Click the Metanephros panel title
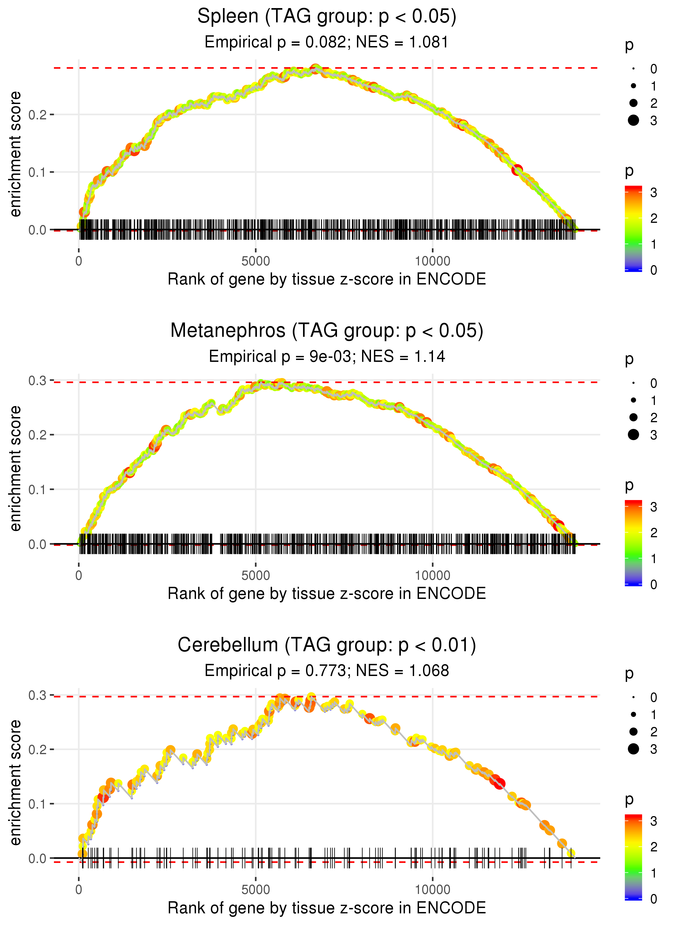[327, 331]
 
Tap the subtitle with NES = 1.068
[327, 671]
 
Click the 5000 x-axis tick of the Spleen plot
[256, 261]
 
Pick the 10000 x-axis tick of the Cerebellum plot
[432, 890]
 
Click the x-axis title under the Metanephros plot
[327, 594]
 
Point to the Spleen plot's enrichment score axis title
[15, 154]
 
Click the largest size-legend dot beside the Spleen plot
[633, 120]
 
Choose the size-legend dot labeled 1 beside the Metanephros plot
[633, 400]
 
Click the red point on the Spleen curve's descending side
[517, 170]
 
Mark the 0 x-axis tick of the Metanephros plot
[79, 575]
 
